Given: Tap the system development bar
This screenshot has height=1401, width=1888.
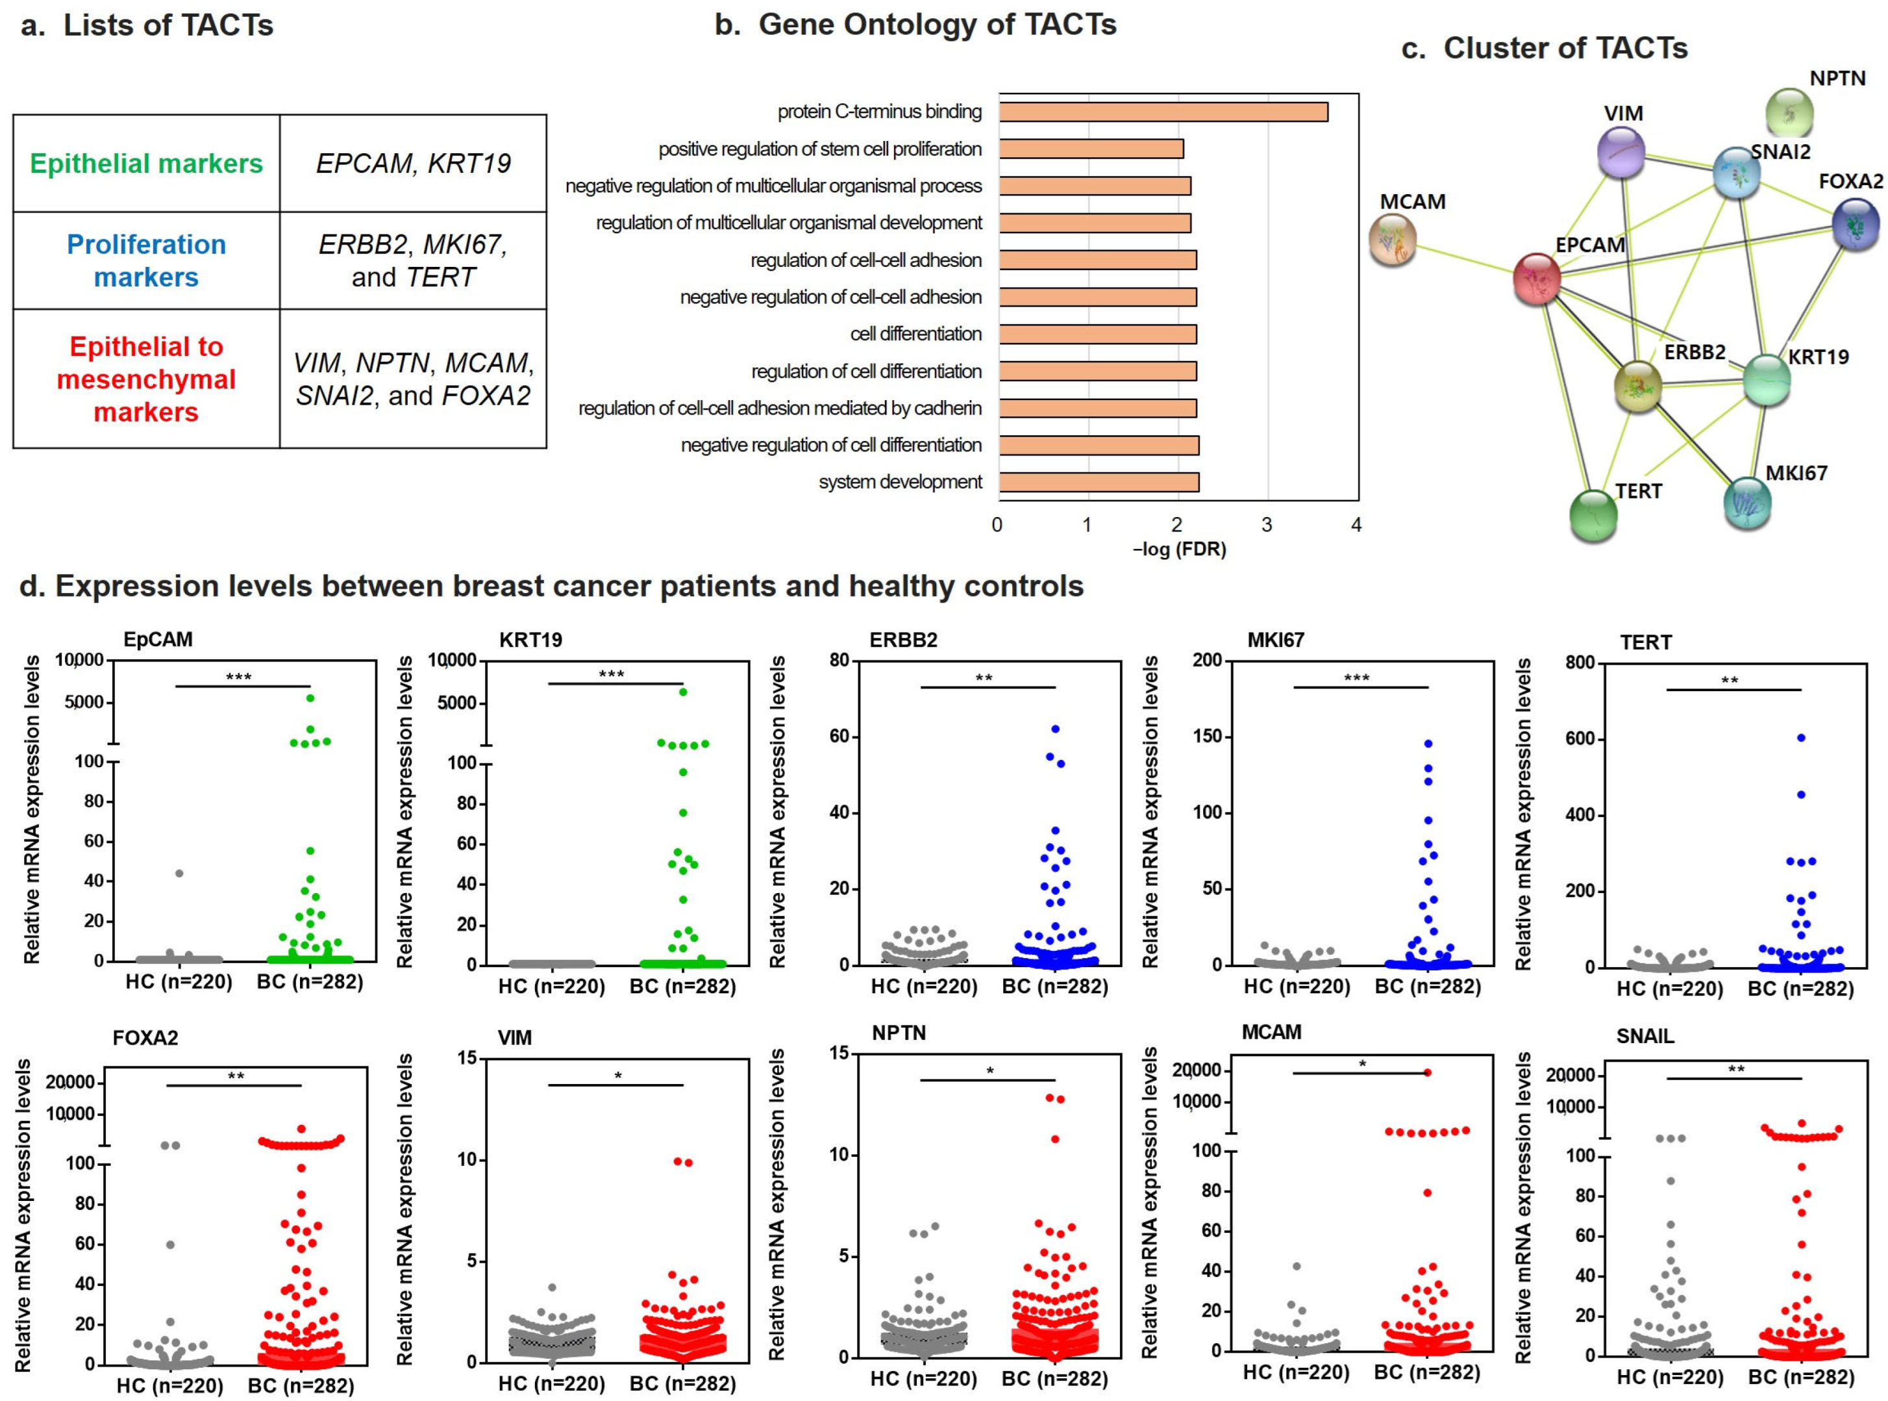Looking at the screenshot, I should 1098,483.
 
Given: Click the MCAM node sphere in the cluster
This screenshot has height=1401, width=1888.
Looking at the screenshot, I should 1392,239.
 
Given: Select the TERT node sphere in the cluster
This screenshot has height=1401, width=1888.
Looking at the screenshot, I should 1593,515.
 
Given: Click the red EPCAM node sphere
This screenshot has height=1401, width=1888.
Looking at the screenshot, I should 1537,278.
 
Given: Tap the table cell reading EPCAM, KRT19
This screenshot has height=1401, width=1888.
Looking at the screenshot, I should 413,163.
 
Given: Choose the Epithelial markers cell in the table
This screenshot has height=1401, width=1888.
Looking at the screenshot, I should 146,163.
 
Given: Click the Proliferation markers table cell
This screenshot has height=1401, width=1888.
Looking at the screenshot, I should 146,260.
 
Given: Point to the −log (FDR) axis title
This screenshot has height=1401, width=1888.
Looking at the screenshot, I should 1178,549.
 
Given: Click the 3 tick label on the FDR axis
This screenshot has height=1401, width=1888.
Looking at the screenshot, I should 1266,525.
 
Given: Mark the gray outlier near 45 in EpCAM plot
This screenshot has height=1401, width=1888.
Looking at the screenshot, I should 179,874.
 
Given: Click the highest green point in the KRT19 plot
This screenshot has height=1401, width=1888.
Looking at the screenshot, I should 682,692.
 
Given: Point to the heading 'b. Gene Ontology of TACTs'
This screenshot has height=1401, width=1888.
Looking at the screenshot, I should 915,25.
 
